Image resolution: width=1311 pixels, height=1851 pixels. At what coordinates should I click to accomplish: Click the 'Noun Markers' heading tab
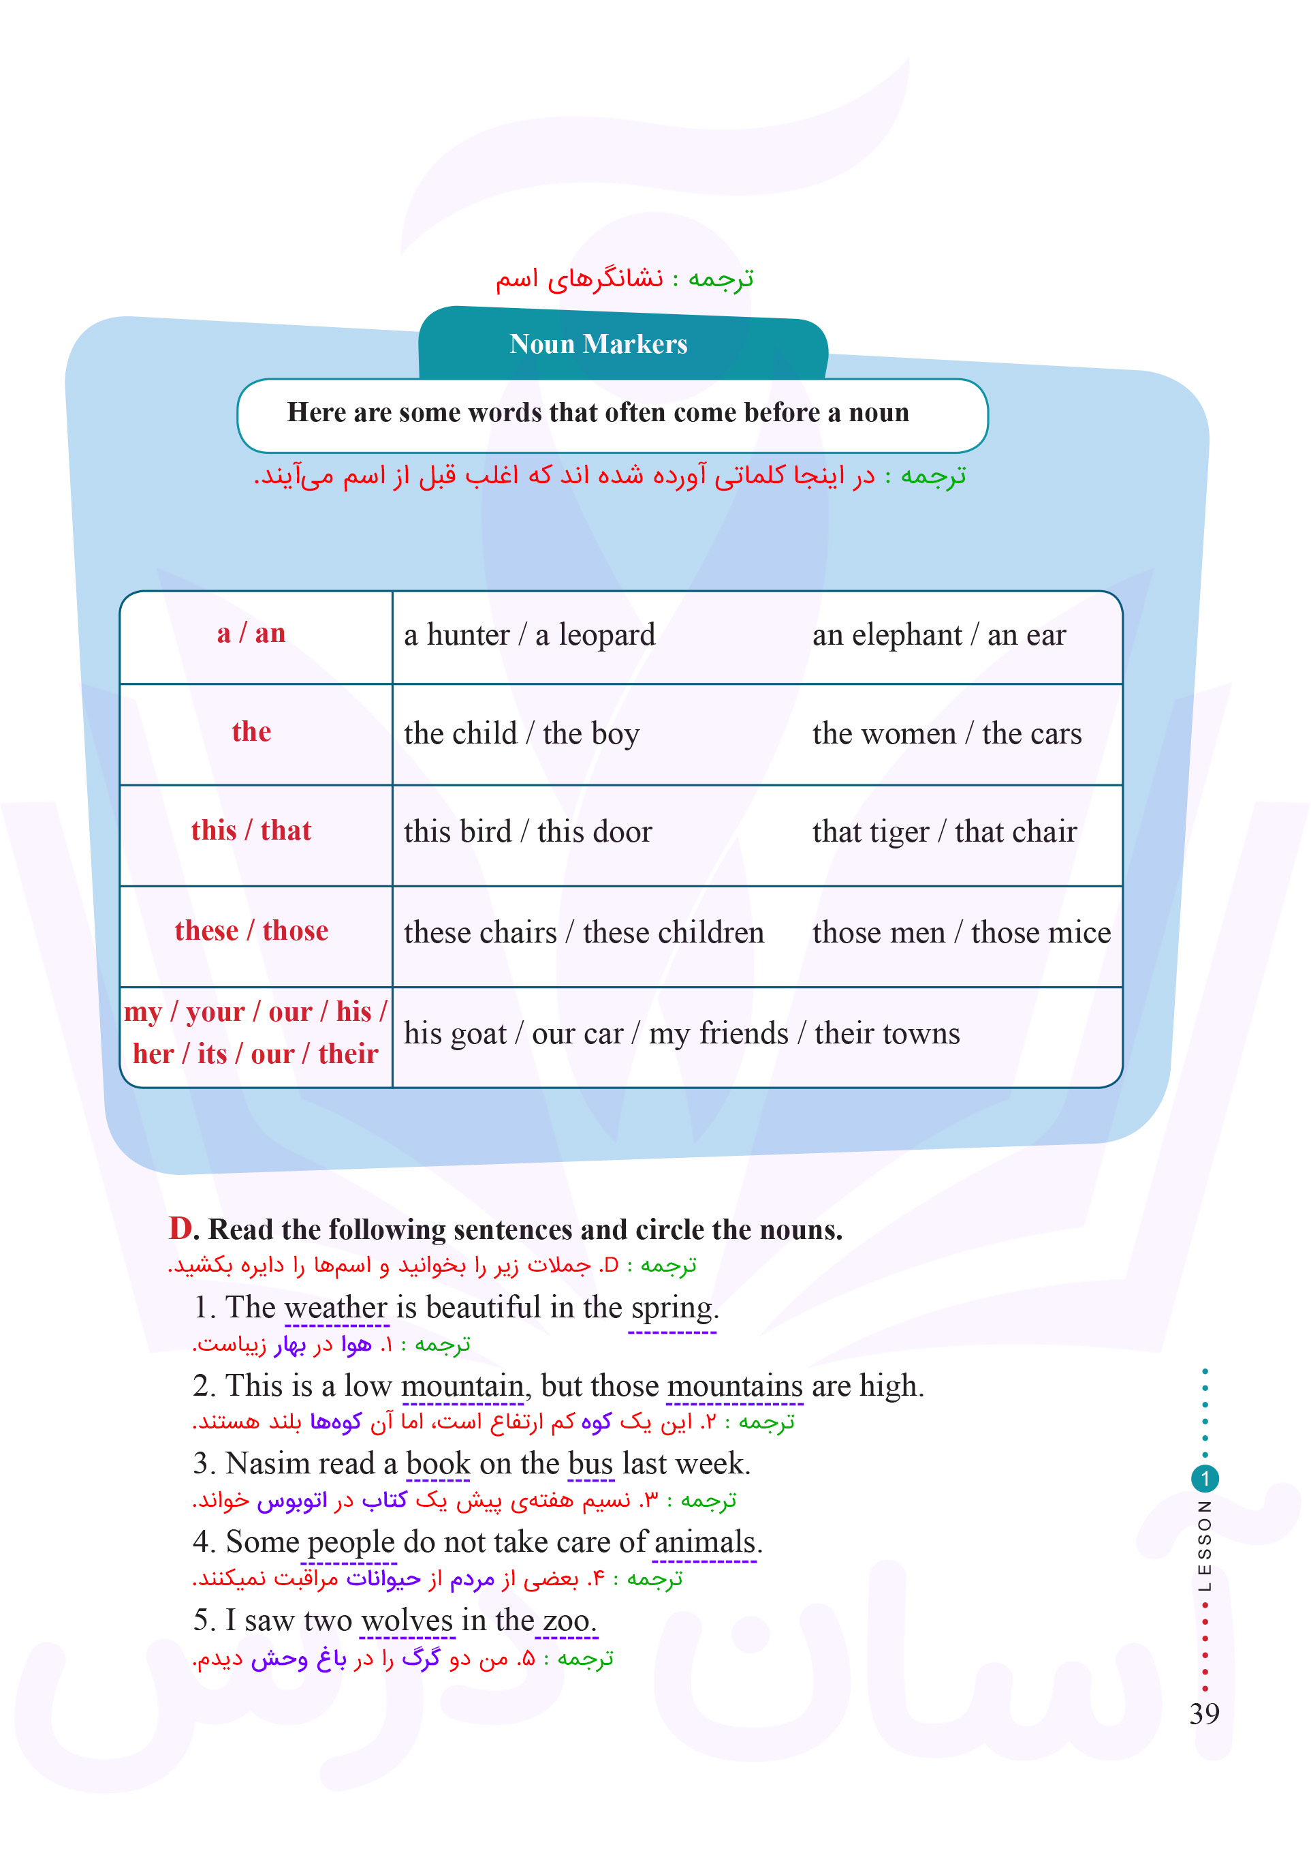[x=598, y=344]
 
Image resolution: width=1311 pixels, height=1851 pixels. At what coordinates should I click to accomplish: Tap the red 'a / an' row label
[x=251, y=633]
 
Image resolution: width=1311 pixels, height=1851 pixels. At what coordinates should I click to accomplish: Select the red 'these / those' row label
[x=251, y=931]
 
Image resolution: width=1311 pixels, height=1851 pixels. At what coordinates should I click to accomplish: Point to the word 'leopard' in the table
[x=606, y=636]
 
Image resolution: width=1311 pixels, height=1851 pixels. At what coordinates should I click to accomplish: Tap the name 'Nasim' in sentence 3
[x=271, y=1463]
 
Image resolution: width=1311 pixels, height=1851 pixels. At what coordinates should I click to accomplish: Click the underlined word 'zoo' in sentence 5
[x=566, y=1620]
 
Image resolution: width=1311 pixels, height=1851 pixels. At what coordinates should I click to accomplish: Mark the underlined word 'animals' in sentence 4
[x=705, y=1542]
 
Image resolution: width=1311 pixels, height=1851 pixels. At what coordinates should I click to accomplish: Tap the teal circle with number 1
[x=1205, y=1479]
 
